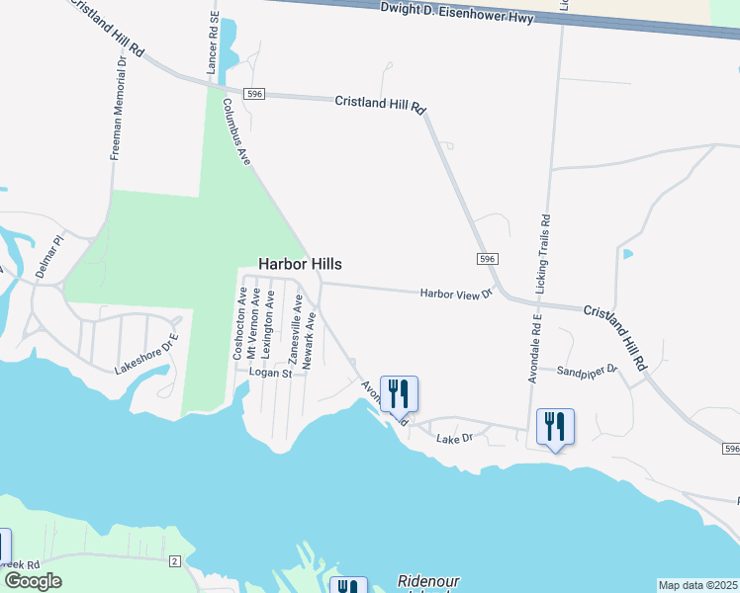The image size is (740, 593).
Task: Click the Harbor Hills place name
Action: coord(300,264)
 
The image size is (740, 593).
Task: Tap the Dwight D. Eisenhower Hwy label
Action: coord(457,13)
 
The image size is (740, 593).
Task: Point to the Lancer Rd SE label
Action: coord(211,44)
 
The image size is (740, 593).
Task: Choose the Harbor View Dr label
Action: coord(456,294)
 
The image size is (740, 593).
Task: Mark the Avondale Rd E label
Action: coord(535,349)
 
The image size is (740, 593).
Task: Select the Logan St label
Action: coord(271,374)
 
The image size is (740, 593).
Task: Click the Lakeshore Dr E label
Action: coord(145,356)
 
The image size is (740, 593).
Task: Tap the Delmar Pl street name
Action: coord(48,256)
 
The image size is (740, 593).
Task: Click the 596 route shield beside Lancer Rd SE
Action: coord(255,94)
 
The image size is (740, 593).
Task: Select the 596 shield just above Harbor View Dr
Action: coord(486,258)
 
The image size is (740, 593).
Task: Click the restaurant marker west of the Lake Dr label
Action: coord(399,393)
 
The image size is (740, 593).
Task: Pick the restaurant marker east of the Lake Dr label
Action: coord(555,426)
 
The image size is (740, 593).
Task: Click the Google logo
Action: coord(33,581)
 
